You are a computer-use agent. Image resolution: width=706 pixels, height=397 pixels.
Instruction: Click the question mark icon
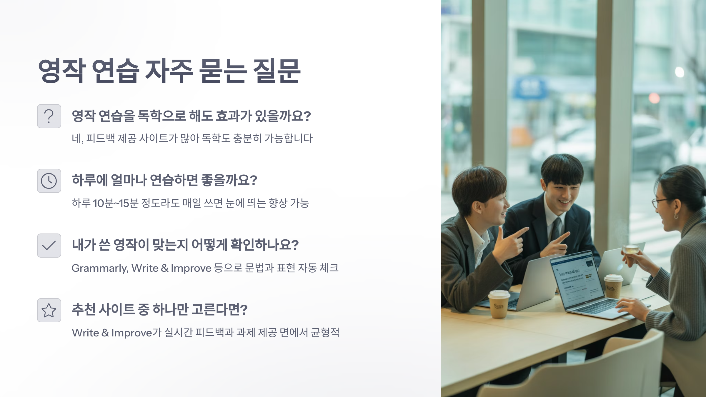(x=49, y=116)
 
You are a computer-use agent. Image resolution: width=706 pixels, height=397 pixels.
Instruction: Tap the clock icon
(x=49, y=181)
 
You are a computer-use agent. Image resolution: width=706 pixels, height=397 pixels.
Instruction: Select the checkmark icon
(x=49, y=246)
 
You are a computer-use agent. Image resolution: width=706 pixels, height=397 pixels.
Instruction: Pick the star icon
(x=49, y=310)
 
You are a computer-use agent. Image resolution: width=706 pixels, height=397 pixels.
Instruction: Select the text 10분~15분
(x=116, y=203)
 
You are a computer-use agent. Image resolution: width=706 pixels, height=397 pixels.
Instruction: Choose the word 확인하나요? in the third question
(x=264, y=245)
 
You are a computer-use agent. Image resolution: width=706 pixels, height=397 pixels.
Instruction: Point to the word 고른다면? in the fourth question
(x=219, y=310)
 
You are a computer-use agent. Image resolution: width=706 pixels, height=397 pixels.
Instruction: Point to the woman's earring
(x=676, y=216)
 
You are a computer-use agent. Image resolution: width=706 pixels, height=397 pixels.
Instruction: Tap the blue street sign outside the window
(x=530, y=87)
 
